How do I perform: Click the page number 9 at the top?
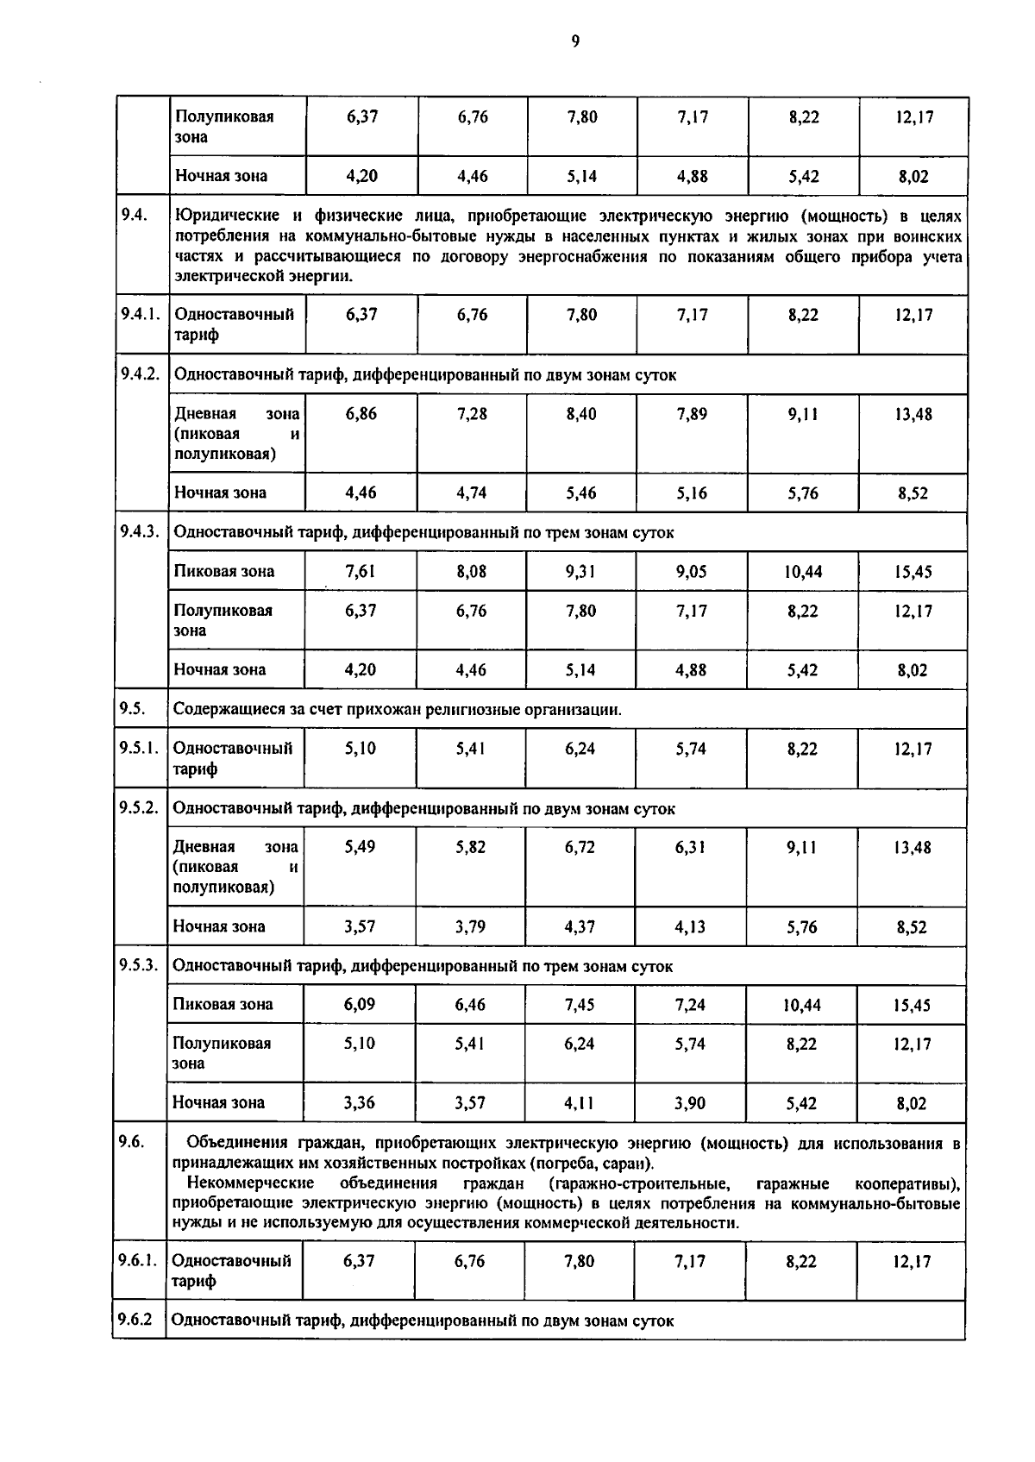pos(574,41)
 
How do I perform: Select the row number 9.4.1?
pos(141,314)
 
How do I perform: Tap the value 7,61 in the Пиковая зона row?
pos(360,571)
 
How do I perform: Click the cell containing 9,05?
pos(691,571)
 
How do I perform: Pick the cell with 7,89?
pos(692,414)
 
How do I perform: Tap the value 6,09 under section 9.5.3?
pos(359,1004)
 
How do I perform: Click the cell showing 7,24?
pos(690,1004)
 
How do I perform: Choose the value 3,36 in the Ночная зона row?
pos(359,1102)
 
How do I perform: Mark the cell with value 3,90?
pos(690,1102)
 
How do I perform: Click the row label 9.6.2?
pos(136,1320)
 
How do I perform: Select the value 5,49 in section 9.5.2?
pos(360,847)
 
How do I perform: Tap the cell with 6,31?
pos(691,847)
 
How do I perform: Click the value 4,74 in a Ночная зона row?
pos(472,493)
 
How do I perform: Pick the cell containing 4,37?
pos(580,926)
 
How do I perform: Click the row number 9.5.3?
pos(139,964)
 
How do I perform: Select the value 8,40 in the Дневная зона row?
pos(581,414)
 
